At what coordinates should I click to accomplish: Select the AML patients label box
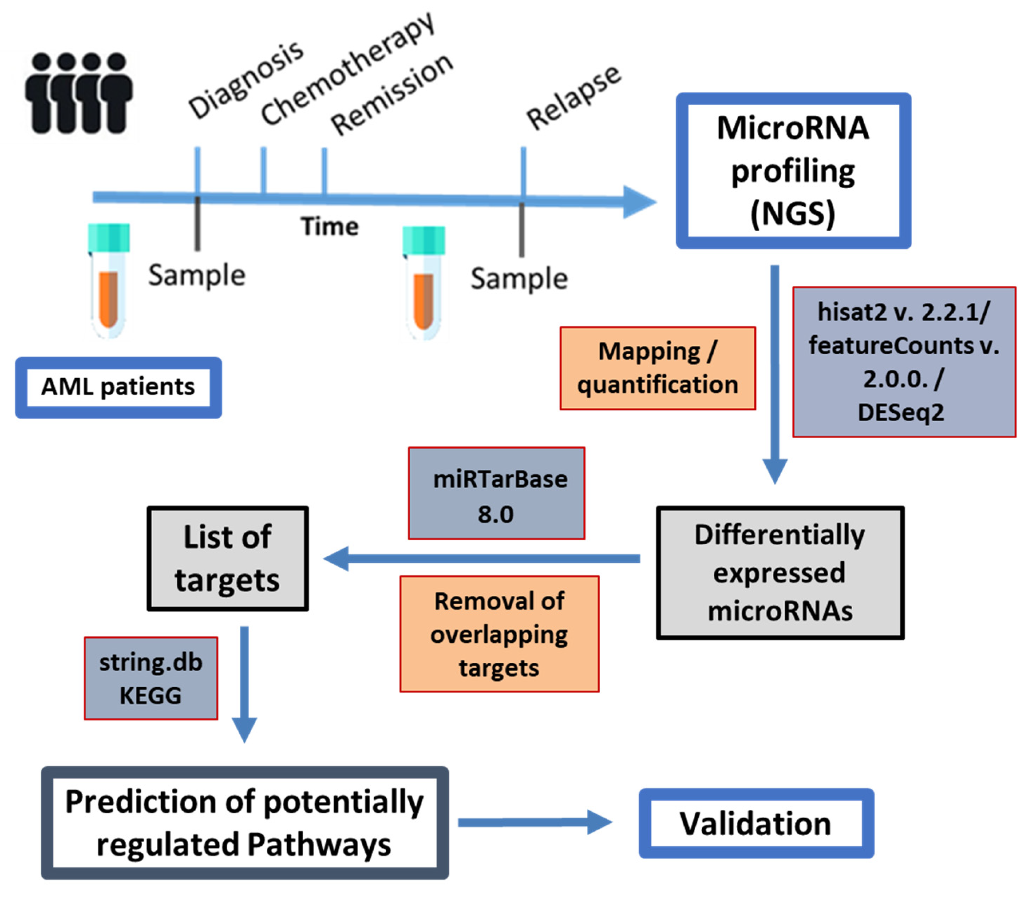pyautogui.click(x=118, y=387)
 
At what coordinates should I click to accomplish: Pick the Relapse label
pyautogui.click(x=574, y=98)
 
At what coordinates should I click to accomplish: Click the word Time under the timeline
pyautogui.click(x=329, y=226)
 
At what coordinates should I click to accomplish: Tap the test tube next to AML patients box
pyautogui.click(x=109, y=281)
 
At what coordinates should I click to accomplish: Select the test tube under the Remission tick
pyautogui.click(x=424, y=283)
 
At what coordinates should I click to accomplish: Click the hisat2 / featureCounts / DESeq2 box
pyautogui.click(x=904, y=362)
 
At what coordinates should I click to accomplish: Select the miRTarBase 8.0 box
pyautogui.click(x=496, y=494)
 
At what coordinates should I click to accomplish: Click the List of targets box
pyautogui.click(x=227, y=558)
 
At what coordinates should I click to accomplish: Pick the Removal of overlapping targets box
pyautogui.click(x=499, y=634)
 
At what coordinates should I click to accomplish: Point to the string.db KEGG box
pyautogui.click(x=151, y=678)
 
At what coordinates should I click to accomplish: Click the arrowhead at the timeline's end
pyautogui.click(x=639, y=202)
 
